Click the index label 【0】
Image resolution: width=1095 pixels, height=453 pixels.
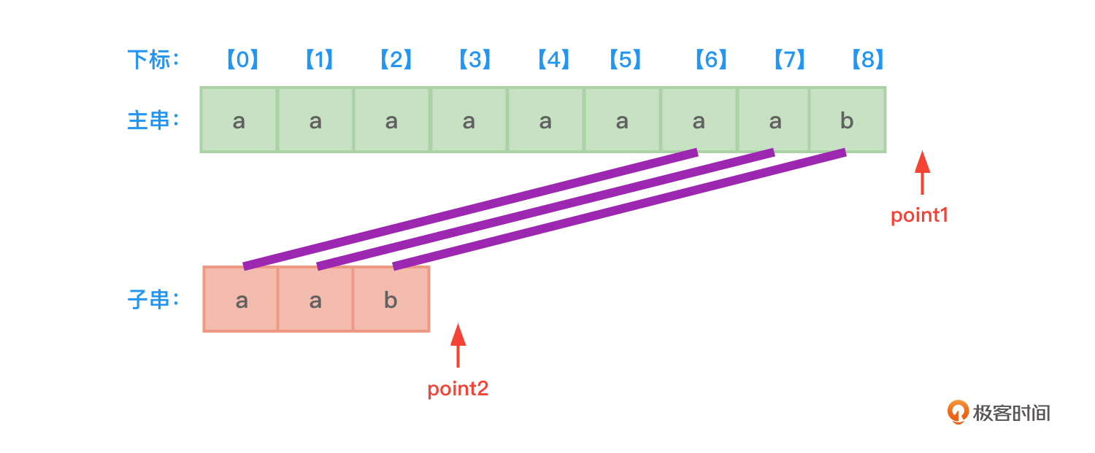[242, 59]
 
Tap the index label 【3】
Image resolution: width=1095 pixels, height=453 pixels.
[474, 59]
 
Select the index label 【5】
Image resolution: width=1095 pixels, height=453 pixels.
[625, 59]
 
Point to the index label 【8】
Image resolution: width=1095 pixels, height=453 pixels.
[867, 59]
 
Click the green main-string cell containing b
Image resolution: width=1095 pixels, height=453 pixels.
[847, 120]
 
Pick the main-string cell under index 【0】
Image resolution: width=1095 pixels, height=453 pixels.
[239, 120]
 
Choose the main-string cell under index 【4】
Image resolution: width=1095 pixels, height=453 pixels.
[545, 120]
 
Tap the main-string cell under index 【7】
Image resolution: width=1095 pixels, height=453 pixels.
[775, 120]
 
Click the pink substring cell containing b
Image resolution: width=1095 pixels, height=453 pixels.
[391, 300]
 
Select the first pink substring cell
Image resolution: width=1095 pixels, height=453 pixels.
[242, 300]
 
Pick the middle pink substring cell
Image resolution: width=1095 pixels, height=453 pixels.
[315, 300]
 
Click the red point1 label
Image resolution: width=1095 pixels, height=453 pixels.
[919, 215]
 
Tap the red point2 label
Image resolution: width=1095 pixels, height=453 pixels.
[458, 389]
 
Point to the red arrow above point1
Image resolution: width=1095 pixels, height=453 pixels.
[923, 172]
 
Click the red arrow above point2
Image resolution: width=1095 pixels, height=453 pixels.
[458, 345]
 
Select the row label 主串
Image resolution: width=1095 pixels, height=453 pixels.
[153, 120]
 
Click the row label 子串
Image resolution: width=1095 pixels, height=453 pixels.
[153, 300]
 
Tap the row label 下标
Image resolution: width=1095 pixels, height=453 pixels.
[153, 59]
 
